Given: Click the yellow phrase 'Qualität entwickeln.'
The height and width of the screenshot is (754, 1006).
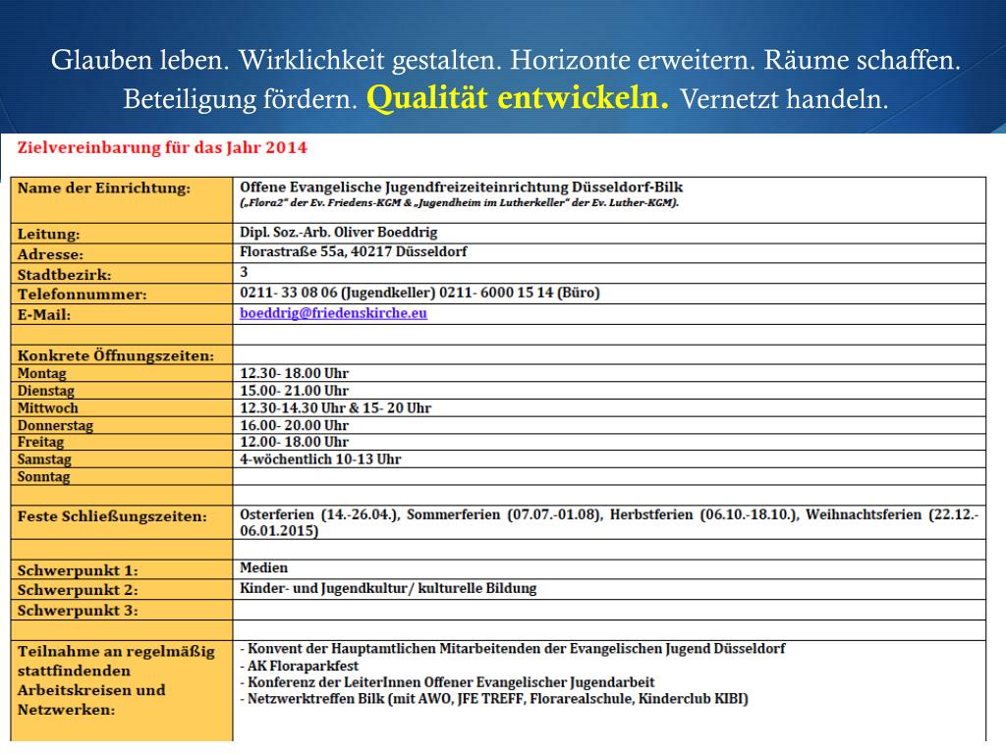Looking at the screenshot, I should (x=519, y=98).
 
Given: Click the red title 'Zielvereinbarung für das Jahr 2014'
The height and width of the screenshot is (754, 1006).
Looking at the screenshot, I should (x=162, y=148).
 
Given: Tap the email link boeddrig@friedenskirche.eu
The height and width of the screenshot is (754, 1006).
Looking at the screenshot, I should (x=333, y=313).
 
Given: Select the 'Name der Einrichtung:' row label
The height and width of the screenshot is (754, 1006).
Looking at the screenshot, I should (x=105, y=188).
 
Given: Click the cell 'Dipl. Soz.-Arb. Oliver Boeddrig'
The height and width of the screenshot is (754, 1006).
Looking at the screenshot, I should (x=338, y=233).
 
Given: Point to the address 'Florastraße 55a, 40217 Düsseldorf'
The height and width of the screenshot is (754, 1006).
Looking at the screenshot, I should (x=353, y=252).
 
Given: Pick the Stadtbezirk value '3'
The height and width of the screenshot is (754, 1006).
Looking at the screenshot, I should (x=244, y=272).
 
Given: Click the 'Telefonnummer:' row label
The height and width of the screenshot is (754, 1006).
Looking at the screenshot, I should (x=83, y=294).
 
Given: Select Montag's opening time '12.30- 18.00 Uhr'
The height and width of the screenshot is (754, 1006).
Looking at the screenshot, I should (x=294, y=373).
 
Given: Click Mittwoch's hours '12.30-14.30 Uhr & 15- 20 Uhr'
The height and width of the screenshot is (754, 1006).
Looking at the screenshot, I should (x=335, y=407).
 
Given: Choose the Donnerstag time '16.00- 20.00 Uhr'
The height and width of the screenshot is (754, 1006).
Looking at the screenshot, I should (x=294, y=425).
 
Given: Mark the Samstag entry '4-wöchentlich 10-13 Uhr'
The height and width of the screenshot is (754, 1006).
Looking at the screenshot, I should (x=320, y=458).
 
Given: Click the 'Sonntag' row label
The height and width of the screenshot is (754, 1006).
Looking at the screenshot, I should (x=44, y=476).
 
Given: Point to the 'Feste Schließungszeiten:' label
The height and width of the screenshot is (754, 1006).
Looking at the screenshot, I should (x=112, y=516).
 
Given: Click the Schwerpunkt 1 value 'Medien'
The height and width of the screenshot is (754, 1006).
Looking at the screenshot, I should (x=263, y=567).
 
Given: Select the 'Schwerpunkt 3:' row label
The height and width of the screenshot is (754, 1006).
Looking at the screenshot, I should (x=78, y=611).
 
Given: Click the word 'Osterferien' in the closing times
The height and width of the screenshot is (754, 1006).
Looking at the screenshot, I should (x=277, y=513).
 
